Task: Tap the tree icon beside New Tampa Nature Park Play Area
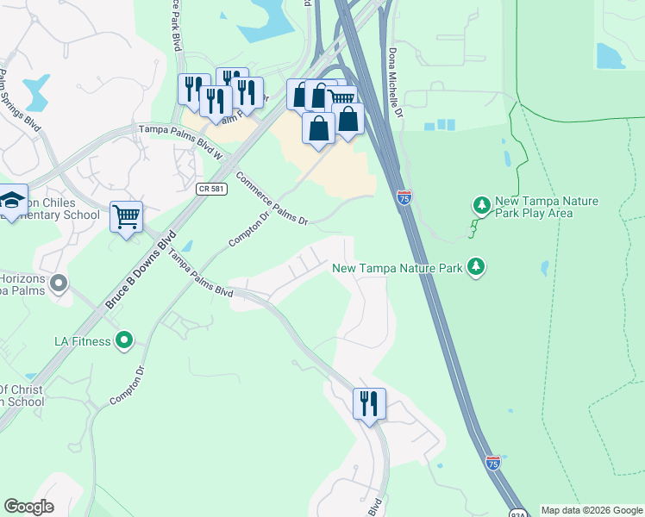point(481,205)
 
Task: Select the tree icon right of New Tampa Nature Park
point(475,267)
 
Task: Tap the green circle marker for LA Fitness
point(125,341)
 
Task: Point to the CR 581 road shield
point(211,189)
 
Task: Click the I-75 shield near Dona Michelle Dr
point(404,197)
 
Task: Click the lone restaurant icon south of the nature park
point(369,402)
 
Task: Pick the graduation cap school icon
point(12,200)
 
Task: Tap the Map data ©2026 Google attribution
point(592,510)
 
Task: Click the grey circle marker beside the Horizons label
point(59,283)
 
